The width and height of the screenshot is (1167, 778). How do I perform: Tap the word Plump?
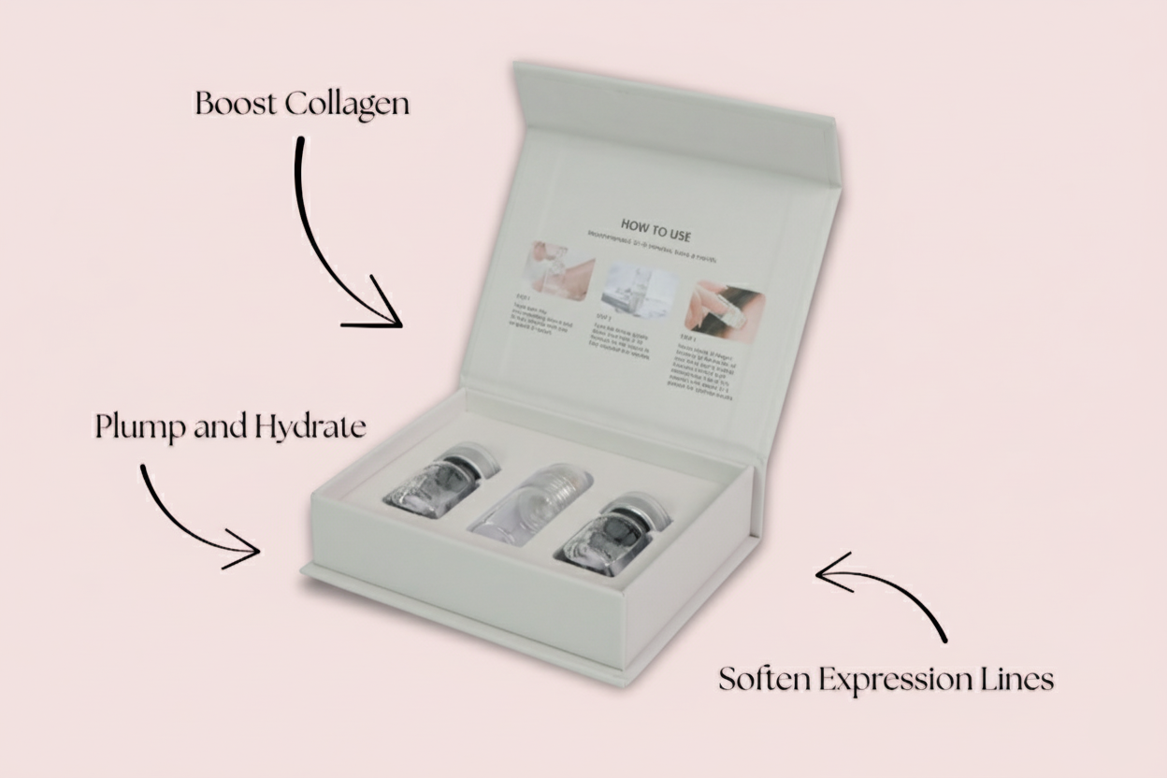[139, 427]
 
